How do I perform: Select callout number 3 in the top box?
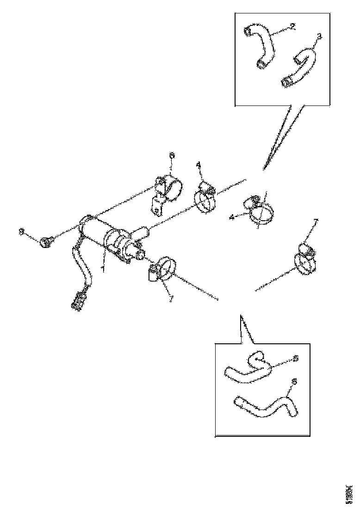click(318, 36)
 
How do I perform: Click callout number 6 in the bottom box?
click(293, 382)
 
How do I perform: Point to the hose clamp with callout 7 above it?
click(306, 261)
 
